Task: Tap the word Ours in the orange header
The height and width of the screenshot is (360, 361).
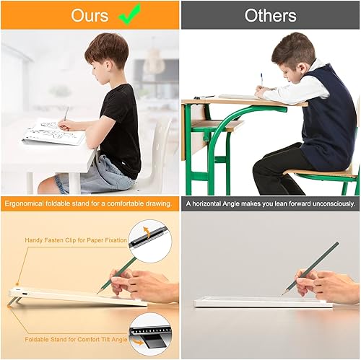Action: [90, 15]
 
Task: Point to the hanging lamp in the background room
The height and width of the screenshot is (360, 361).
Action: [154, 63]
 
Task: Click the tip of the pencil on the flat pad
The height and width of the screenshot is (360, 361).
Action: [283, 293]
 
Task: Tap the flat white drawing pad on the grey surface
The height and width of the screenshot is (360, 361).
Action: [253, 302]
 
